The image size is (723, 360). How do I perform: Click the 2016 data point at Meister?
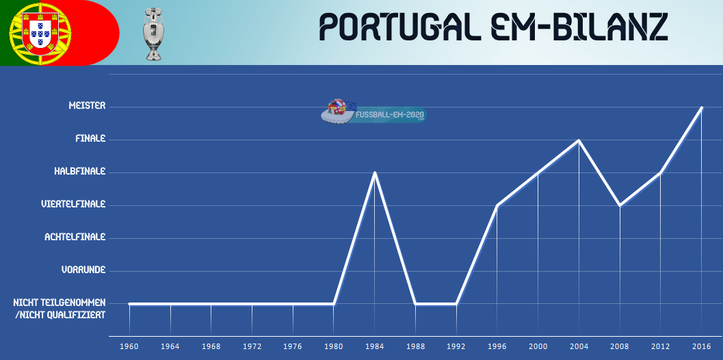(701, 107)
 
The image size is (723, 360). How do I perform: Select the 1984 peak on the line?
(374, 172)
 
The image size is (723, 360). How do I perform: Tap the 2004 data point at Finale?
(579, 140)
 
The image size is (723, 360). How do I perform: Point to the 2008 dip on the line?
(620, 205)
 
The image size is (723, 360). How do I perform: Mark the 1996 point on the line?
(497, 205)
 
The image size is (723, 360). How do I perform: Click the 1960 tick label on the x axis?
(129, 347)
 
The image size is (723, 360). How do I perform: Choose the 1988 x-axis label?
(415, 347)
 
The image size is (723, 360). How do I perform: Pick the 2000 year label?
(538, 347)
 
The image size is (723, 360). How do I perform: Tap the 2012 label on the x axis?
(660, 347)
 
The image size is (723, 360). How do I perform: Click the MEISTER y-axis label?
(87, 106)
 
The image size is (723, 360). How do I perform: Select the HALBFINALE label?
(80, 171)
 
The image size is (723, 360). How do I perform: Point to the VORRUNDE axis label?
(83, 270)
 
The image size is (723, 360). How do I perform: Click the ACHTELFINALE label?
(75, 237)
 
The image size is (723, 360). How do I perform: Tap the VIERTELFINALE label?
(73, 204)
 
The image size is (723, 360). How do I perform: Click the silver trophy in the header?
(153, 34)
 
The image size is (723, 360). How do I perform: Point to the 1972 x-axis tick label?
(252, 347)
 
